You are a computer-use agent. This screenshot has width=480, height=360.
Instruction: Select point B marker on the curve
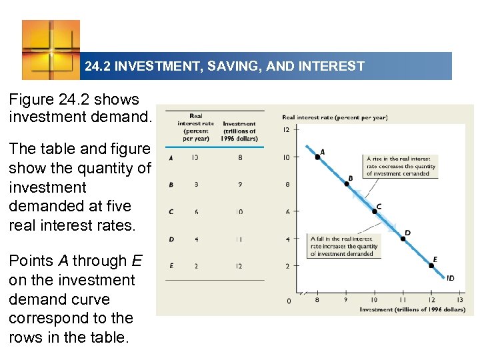(x=346, y=184)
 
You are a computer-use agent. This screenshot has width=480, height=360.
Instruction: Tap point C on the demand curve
(x=375, y=211)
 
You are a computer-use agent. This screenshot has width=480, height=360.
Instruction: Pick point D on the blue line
(x=403, y=238)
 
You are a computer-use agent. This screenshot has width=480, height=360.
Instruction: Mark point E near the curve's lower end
(x=431, y=265)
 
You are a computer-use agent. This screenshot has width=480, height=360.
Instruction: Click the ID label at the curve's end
(x=451, y=278)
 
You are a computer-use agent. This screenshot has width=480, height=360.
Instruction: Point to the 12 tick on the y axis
(x=286, y=130)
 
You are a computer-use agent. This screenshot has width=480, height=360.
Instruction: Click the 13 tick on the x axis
(x=460, y=300)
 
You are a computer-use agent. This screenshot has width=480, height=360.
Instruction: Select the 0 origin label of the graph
(x=288, y=301)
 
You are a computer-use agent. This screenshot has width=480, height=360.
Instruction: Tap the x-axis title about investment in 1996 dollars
(x=412, y=309)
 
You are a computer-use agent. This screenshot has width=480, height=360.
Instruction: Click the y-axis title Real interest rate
(x=334, y=117)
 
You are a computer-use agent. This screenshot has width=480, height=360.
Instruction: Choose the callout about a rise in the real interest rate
(x=401, y=167)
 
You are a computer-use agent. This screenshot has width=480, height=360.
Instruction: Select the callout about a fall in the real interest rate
(x=344, y=246)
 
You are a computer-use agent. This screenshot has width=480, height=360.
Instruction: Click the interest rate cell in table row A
(x=194, y=158)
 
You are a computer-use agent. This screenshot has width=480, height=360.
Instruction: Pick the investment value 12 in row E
(x=239, y=266)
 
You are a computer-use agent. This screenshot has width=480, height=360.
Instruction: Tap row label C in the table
(x=171, y=212)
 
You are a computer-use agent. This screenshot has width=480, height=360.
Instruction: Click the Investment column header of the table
(x=239, y=131)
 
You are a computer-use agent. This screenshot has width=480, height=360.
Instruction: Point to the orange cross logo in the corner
(x=51, y=50)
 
